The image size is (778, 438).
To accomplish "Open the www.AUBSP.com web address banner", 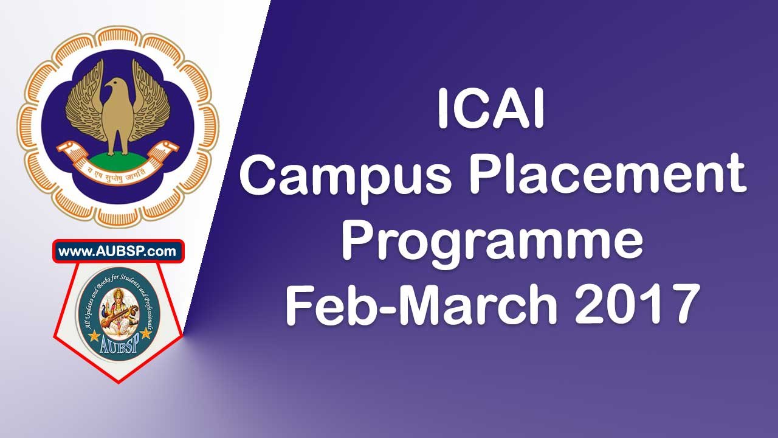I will coord(118,251).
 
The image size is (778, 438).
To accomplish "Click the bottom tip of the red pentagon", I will coord(118,382).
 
